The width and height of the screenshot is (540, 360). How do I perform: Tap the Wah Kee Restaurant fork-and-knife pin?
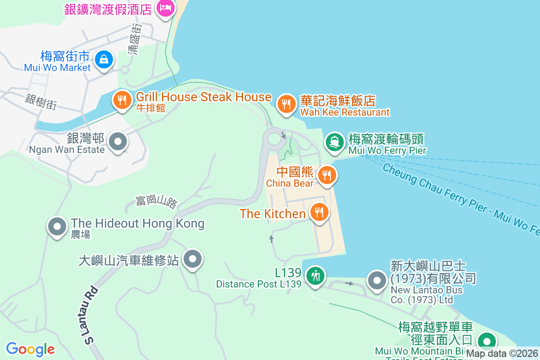click(x=285, y=104)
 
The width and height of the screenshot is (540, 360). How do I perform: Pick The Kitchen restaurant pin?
click(x=319, y=211)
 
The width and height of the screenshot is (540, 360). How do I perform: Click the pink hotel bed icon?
click(x=165, y=7)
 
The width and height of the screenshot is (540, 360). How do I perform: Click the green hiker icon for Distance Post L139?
click(x=315, y=275)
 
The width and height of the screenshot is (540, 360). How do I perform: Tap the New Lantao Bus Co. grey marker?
click(x=377, y=280)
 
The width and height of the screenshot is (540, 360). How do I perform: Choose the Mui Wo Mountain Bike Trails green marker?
click(x=486, y=341)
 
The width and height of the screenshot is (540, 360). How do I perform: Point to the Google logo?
click(x=30, y=349)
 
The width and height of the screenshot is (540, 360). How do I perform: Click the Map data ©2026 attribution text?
click(x=502, y=354)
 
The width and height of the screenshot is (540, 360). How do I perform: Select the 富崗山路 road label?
click(x=156, y=201)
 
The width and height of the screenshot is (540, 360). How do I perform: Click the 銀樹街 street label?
click(x=41, y=102)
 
